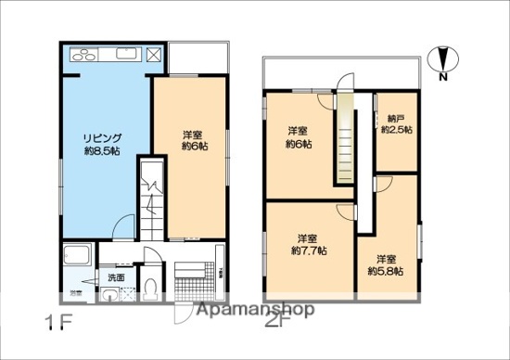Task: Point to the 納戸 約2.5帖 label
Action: pos(397,123)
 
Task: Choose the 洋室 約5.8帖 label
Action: pos(384,264)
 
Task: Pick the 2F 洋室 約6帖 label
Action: pos(299,137)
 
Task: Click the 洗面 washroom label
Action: pos(116,277)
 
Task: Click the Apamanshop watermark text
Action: pos(250,312)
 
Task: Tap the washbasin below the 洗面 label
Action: pos(111,296)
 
